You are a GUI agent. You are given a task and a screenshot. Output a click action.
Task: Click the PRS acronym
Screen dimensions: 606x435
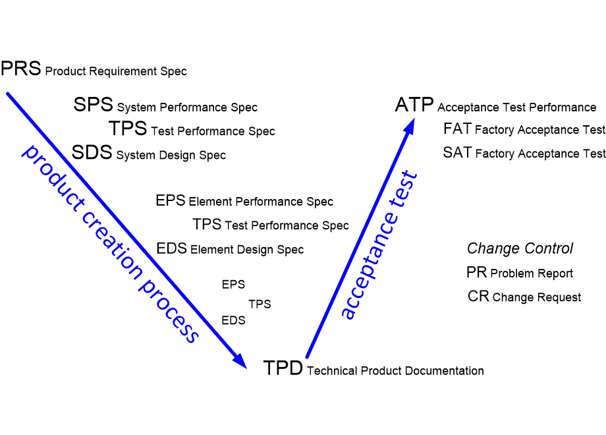pyautogui.click(x=21, y=69)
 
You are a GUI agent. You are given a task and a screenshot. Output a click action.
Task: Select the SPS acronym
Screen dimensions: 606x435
pyautogui.click(x=93, y=104)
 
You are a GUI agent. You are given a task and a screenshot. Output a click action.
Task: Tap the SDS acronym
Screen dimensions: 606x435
pyautogui.click(x=92, y=152)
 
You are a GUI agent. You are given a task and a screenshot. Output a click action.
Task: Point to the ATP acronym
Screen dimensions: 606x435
pyautogui.click(x=414, y=104)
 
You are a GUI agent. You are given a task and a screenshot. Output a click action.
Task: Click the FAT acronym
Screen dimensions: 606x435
pyautogui.click(x=458, y=129)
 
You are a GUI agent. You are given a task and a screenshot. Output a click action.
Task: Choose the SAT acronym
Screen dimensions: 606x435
pyautogui.click(x=458, y=153)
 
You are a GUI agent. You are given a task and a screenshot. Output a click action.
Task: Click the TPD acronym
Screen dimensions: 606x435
pyautogui.click(x=283, y=368)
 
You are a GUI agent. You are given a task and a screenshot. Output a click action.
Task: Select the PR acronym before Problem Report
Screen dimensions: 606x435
pyautogui.click(x=476, y=272)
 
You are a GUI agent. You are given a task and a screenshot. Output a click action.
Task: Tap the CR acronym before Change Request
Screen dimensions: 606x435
pyautogui.click(x=478, y=296)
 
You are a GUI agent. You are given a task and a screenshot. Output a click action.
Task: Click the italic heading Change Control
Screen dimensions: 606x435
pyautogui.click(x=520, y=248)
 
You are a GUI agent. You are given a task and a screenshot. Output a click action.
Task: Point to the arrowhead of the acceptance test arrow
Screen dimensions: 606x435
pyautogui.click(x=409, y=126)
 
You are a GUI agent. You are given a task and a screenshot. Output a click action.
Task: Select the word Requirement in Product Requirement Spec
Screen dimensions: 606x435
pyautogui.click(x=123, y=72)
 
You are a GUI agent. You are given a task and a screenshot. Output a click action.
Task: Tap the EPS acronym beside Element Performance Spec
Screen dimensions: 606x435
pyautogui.click(x=171, y=200)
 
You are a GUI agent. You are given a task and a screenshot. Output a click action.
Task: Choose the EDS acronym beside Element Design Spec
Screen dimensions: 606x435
pyautogui.click(x=172, y=248)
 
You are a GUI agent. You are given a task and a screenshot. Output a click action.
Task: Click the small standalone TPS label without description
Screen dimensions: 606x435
pyautogui.click(x=260, y=304)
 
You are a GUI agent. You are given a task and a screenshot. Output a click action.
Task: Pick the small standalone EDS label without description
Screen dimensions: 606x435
pyautogui.click(x=233, y=320)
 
